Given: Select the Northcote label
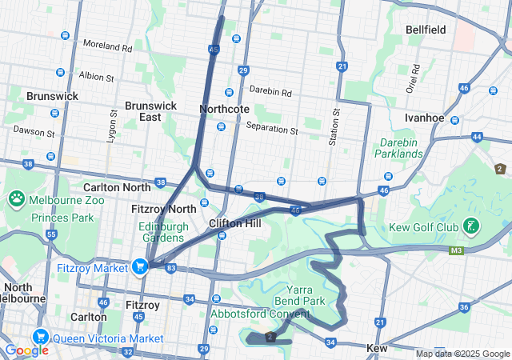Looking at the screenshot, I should point(225,109).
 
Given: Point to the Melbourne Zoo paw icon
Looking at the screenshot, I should point(17,198).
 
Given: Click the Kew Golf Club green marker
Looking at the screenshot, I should point(474,227).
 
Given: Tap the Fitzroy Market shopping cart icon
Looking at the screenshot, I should point(141,266).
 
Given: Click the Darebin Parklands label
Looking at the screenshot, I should point(399,148).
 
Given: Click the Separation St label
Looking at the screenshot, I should point(272,128).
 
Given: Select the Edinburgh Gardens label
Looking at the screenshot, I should point(162,232).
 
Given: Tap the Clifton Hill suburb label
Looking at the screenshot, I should point(234,223).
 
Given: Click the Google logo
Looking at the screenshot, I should point(26,350).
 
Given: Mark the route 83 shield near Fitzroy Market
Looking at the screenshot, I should point(171,268).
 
